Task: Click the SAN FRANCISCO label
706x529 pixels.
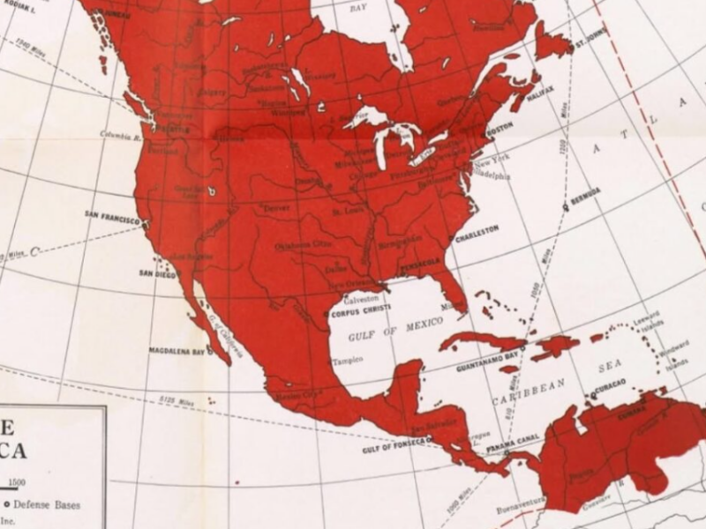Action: pos(112,214)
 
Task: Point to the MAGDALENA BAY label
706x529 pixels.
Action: pos(176,351)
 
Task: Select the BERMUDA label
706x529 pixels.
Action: pos(586,191)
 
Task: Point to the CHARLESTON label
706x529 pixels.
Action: pos(477,228)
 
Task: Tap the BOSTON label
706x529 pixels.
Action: pos(499,126)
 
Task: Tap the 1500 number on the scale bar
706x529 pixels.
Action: pos(19,482)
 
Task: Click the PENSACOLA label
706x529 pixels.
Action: pos(422,263)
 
